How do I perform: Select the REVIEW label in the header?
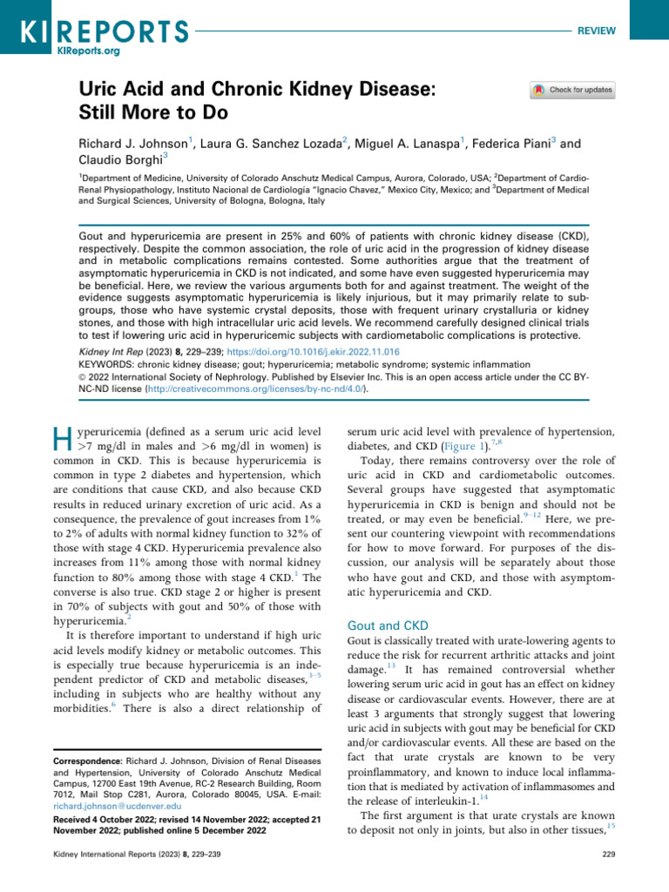pyautogui.click(x=596, y=30)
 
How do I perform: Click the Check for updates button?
pyautogui.click(x=572, y=90)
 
